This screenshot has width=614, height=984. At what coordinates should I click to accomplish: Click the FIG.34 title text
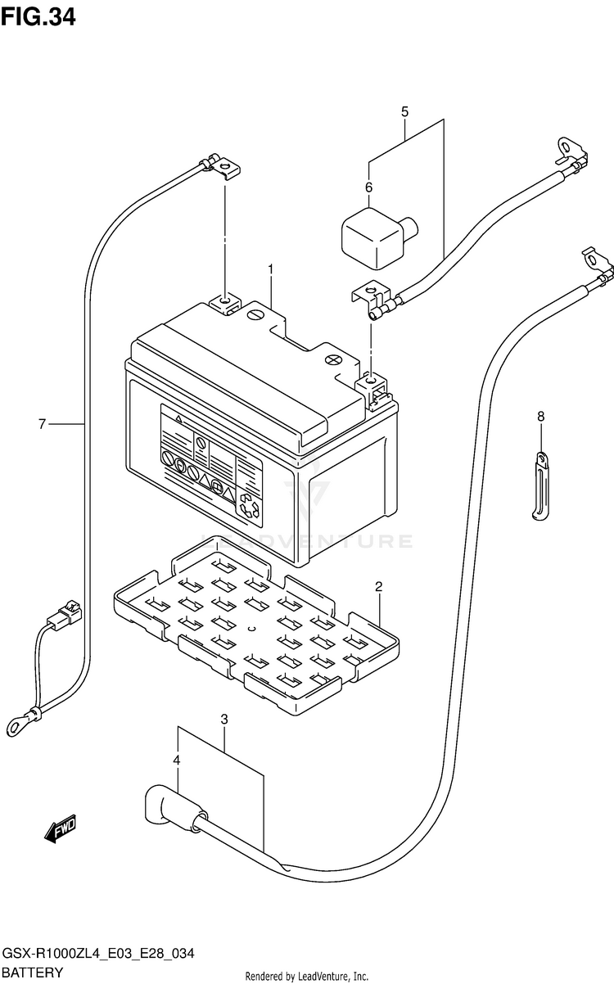[x=38, y=17]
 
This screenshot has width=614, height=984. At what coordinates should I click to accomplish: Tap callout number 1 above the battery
[x=271, y=269]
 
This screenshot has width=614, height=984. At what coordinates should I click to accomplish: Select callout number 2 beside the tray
[x=378, y=586]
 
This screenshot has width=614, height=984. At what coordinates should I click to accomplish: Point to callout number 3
[x=224, y=720]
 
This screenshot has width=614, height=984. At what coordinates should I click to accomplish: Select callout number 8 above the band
[x=540, y=416]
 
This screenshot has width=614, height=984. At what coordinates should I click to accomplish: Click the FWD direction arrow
[x=60, y=829]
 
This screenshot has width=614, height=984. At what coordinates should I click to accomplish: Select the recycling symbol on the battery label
[x=249, y=506]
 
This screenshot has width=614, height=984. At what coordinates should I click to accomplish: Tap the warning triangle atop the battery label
[x=178, y=418]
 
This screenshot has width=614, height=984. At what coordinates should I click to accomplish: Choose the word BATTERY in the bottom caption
[x=32, y=973]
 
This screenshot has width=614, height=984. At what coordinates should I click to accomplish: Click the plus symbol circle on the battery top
[x=333, y=360]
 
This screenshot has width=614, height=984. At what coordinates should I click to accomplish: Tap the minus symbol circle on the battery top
[x=255, y=314]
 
